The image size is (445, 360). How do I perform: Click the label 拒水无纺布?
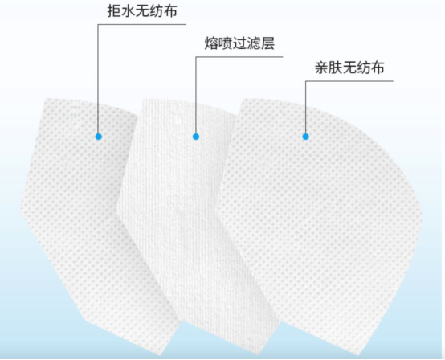[x=142, y=10]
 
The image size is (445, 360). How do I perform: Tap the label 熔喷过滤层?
[x=239, y=43]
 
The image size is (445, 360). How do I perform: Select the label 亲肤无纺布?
[x=349, y=67]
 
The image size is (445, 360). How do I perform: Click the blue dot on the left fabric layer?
[x=99, y=137]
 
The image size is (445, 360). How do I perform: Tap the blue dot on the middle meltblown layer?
[x=196, y=137]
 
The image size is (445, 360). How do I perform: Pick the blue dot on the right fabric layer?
[x=306, y=137]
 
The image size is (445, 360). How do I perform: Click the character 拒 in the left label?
[x=114, y=10]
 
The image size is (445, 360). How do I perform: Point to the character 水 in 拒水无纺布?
[x=128, y=10]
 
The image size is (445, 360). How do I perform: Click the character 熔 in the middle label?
[x=211, y=43]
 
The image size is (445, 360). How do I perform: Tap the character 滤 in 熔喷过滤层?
[x=254, y=43]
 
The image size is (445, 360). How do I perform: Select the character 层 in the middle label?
[x=267, y=43]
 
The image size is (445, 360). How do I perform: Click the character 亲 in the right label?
[x=321, y=67]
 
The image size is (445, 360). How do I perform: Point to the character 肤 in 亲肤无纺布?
[x=335, y=67]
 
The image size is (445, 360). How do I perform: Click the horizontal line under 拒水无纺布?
[x=142, y=24]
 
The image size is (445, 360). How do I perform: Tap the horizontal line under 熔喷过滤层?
[x=239, y=57]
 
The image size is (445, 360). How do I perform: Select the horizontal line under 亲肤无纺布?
[x=349, y=81]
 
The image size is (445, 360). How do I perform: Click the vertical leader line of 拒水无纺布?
[x=98, y=79]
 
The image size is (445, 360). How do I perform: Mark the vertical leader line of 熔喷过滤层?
[x=196, y=95]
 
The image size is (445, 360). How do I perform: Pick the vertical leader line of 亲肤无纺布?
[x=306, y=108]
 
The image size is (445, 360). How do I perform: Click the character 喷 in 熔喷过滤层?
[x=226, y=43]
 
